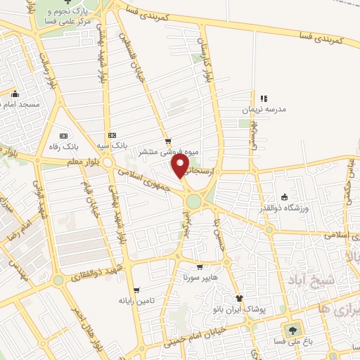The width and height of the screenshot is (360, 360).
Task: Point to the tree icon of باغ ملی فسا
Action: coord(291,329)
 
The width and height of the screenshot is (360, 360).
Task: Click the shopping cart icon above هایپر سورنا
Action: coord(200,267)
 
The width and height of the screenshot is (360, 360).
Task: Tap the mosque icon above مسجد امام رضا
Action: coord(15,94)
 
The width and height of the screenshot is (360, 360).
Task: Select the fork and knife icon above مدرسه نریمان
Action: coord(264,99)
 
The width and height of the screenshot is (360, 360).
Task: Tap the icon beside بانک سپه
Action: coord(111,136)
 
